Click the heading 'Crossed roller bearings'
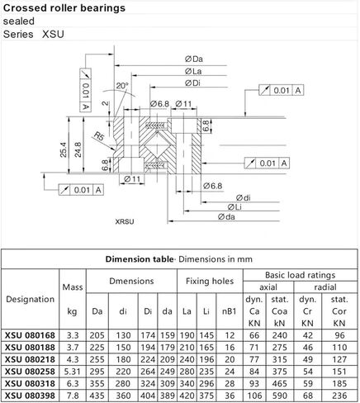pos(65,8)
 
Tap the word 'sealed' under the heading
pos(20,21)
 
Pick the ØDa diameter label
pos(195,58)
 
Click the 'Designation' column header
pos(30,299)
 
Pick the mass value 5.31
pos(72,372)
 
